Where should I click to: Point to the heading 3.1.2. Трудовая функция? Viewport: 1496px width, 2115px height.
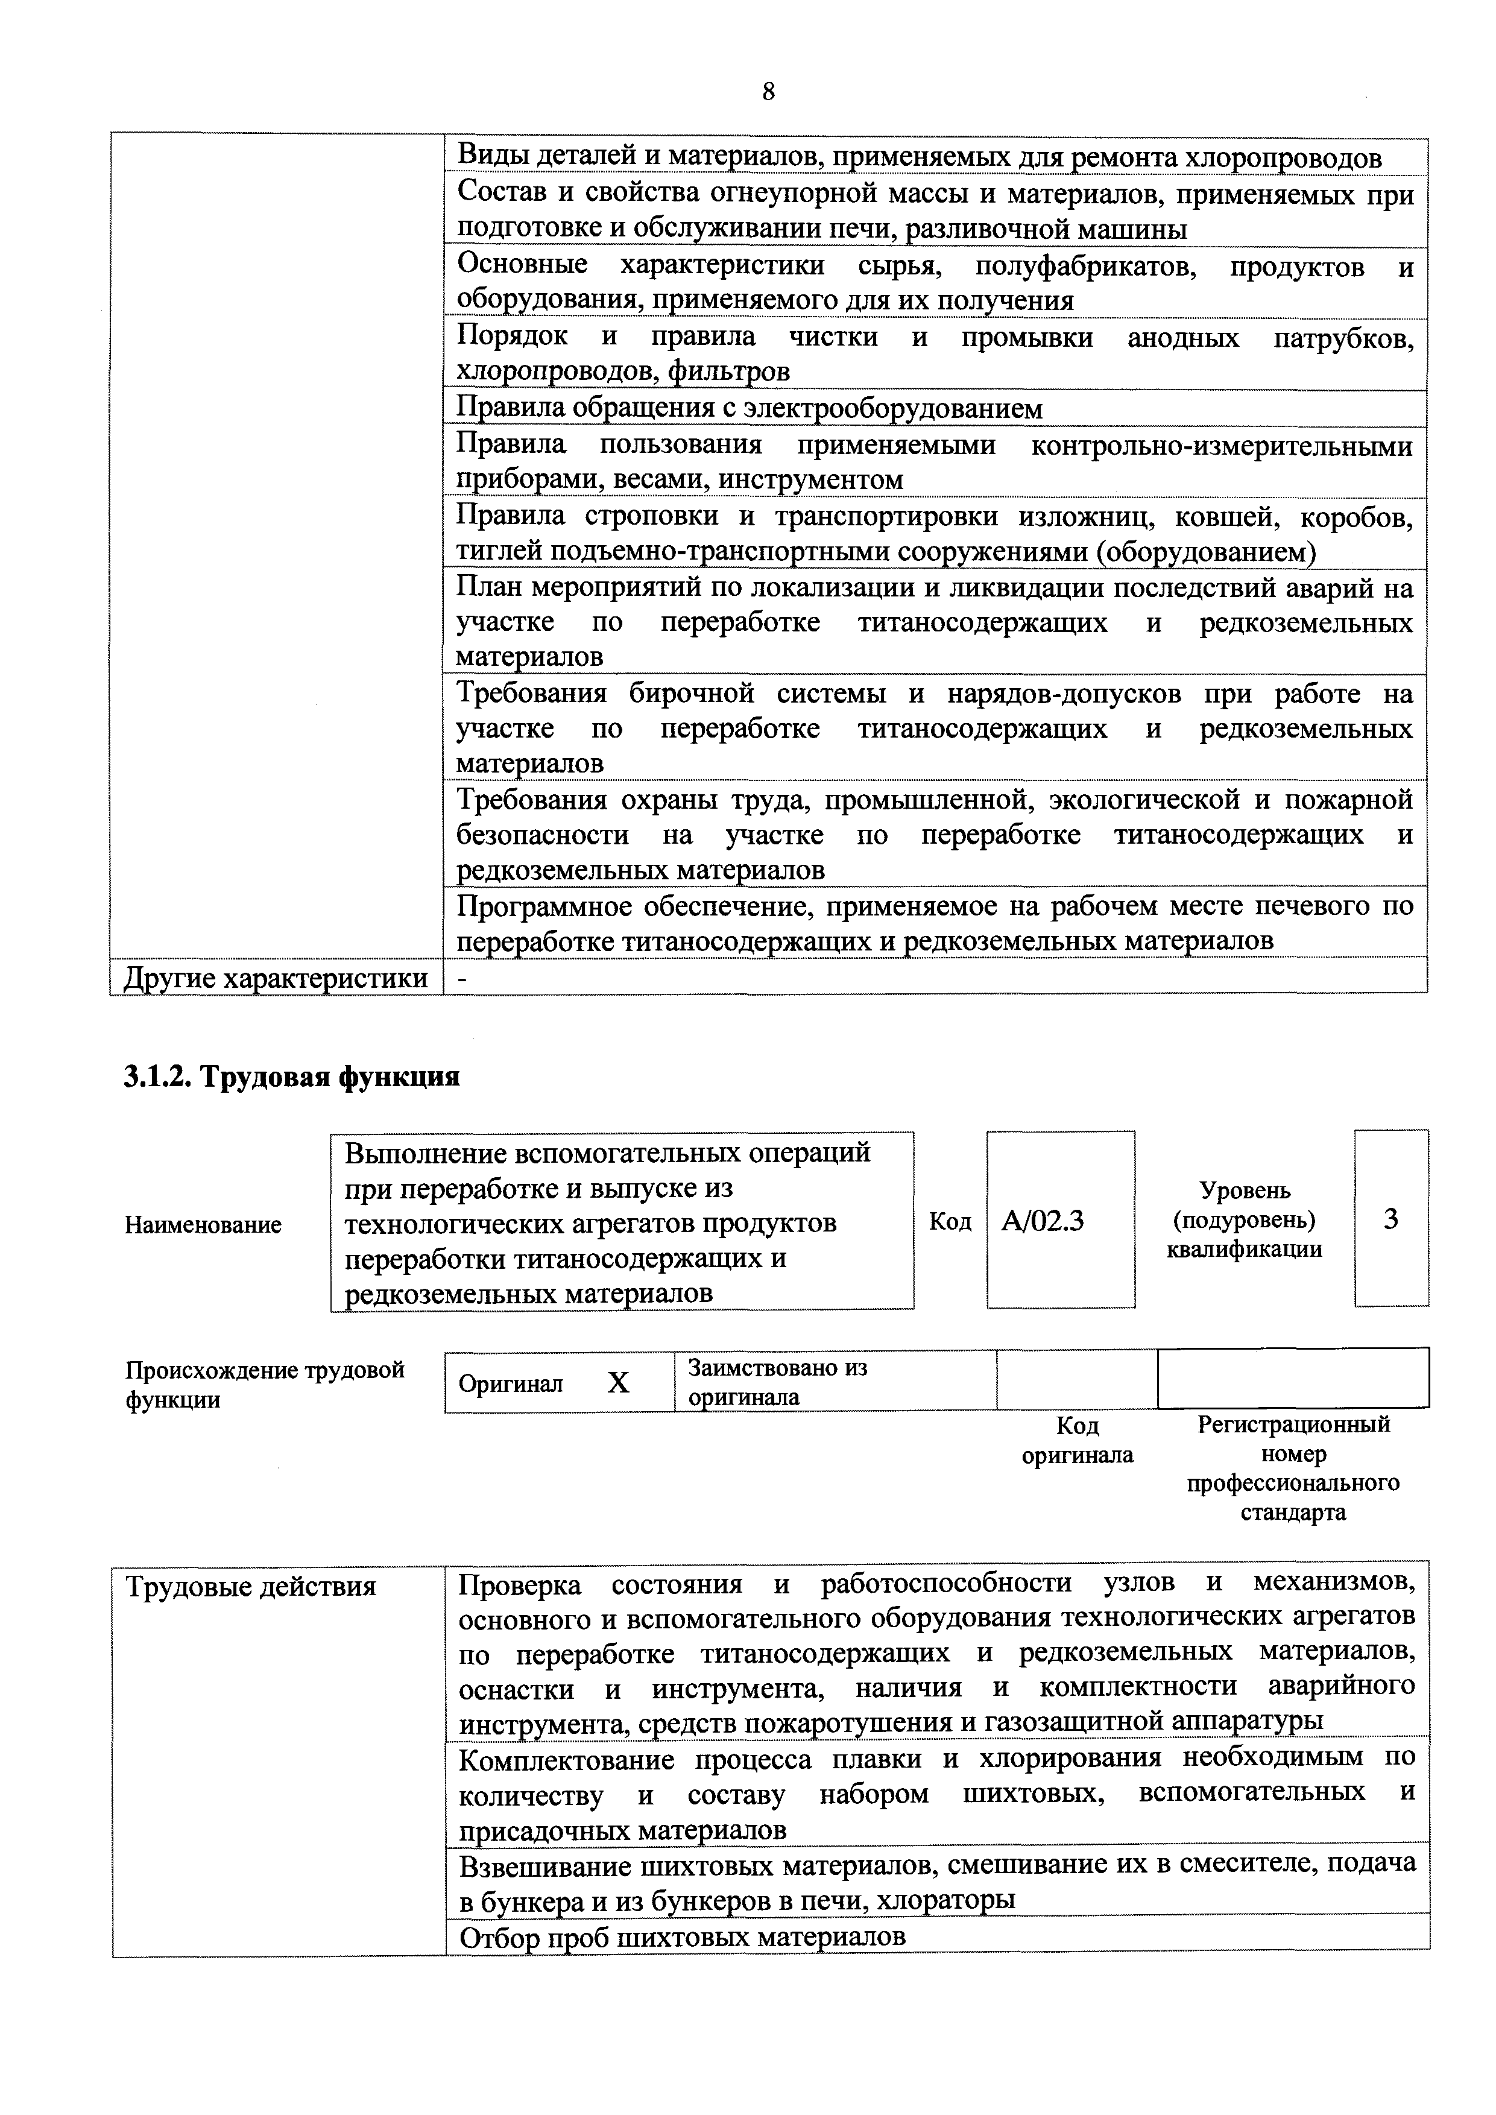coord(292,1076)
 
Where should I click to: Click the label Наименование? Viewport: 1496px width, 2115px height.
coord(203,1224)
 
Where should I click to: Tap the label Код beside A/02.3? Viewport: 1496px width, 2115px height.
coord(950,1221)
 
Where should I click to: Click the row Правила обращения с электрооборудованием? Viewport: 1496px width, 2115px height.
coord(750,408)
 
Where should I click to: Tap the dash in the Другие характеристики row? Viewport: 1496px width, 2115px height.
coord(463,978)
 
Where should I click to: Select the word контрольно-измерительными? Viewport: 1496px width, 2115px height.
coord(1222,446)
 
